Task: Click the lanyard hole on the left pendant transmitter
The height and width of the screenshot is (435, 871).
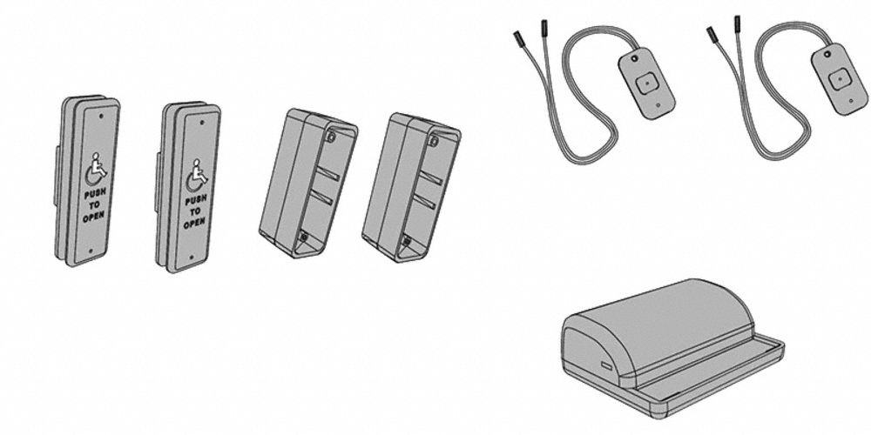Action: [634, 61]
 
